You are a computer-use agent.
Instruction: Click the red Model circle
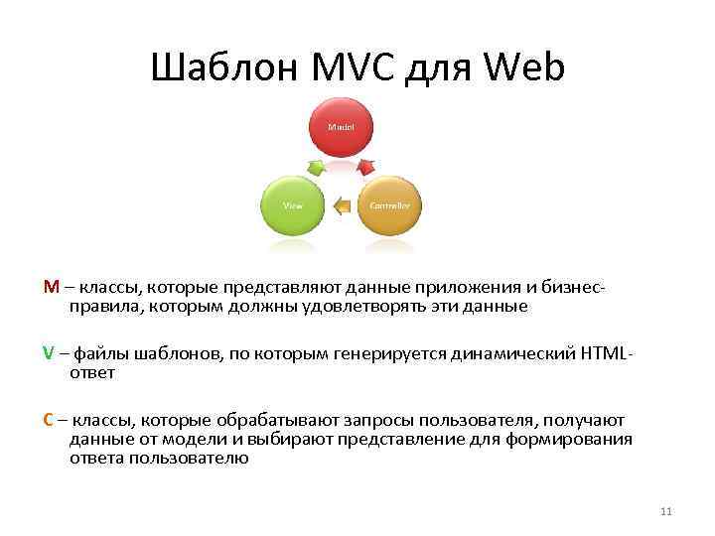point(342,128)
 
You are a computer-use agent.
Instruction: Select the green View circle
point(292,205)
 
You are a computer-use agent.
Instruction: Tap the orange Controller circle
point(389,205)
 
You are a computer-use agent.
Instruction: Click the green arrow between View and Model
point(316,166)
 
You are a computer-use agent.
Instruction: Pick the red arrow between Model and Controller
point(365,166)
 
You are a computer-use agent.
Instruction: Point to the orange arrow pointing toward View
point(342,206)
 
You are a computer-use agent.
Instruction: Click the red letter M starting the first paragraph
point(51,287)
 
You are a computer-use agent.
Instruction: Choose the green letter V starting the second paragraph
point(49,353)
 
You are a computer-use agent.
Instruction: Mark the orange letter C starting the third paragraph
point(49,420)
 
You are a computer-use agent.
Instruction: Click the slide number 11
point(665,511)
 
